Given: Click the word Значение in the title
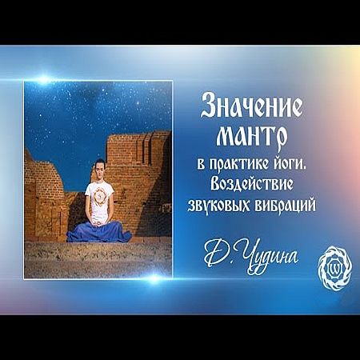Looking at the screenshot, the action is (x=251, y=106).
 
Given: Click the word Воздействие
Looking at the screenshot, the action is (x=252, y=185).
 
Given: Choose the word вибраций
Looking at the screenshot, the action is (x=286, y=205).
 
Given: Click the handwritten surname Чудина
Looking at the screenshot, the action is (x=270, y=258).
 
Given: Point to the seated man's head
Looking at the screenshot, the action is (x=99, y=169).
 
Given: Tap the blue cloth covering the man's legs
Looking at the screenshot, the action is (x=99, y=231).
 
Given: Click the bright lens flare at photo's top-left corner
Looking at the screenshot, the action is (x=43, y=80).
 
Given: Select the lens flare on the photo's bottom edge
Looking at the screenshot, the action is (x=154, y=278).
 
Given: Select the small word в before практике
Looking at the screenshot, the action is (x=201, y=166).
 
